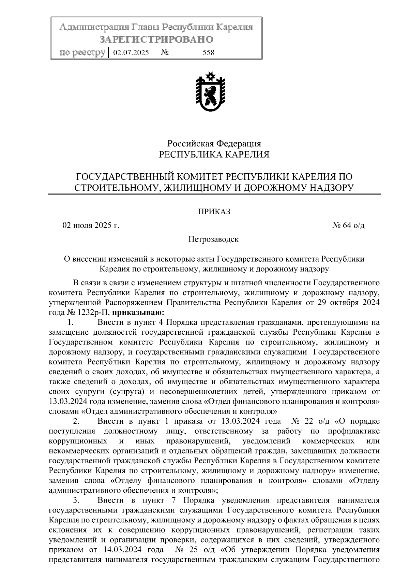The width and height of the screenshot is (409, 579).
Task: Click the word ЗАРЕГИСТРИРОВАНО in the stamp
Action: click(156, 40)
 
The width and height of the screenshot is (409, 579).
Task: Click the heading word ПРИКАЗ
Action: click(214, 212)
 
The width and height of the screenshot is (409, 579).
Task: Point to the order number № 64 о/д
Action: click(348, 226)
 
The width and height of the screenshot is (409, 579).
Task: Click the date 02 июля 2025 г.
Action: click(91, 226)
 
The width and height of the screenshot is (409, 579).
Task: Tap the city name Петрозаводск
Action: click(214, 239)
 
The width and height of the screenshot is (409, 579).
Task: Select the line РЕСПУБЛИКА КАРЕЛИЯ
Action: click(214, 155)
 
